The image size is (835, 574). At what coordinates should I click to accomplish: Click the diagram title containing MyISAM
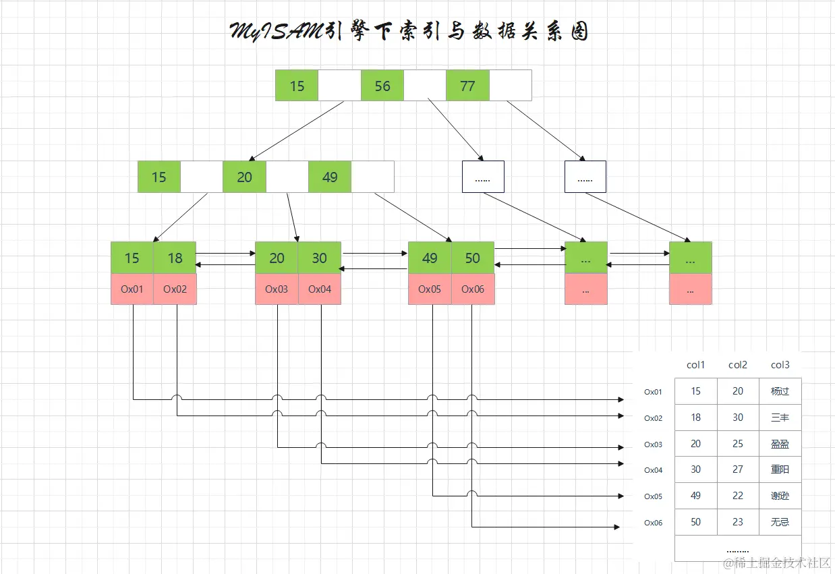pos(409,31)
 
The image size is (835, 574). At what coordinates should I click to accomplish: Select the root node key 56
pos(382,86)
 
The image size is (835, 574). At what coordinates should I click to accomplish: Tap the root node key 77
pos(467,86)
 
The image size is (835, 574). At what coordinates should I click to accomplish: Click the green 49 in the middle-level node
pos(330,177)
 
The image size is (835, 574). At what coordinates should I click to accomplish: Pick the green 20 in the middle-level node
pos(244,177)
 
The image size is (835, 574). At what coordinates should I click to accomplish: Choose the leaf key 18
pos(175,258)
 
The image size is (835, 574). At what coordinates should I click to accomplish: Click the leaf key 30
pos(320,258)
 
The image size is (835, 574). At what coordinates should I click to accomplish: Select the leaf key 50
pos(473,258)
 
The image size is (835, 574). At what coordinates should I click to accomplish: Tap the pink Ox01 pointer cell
pos(132,289)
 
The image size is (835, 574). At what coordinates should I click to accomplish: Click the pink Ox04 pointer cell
pos(320,289)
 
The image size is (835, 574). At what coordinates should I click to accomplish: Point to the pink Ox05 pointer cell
pos(430,289)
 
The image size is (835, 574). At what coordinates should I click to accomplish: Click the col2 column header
pos(738,365)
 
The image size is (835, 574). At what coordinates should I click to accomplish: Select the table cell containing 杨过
pos(780,391)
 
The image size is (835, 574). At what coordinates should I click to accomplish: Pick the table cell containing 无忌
pos(780,522)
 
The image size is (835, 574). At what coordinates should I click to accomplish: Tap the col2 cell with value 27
pos(738,469)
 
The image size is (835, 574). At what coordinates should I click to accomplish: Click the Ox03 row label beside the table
pos(653,444)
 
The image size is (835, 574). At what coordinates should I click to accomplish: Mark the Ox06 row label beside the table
pos(653,523)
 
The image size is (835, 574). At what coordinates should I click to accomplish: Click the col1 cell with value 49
pos(695,496)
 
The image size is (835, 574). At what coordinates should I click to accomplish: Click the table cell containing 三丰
pos(780,418)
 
